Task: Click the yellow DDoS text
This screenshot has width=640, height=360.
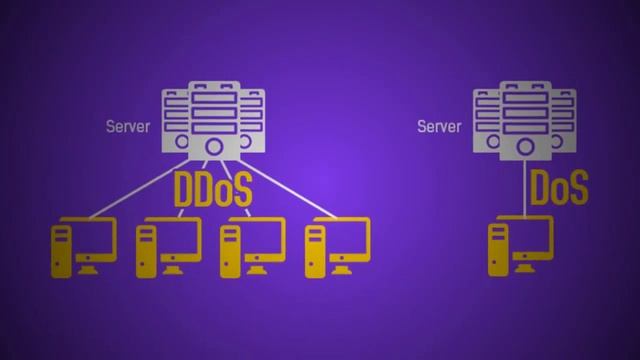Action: pos(212,190)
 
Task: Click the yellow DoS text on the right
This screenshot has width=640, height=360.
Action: pos(558,188)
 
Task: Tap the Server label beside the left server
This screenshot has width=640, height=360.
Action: pos(127,127)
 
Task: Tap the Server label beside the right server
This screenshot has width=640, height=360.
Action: pos(439,127)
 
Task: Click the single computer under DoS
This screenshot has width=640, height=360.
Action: pos(519,247)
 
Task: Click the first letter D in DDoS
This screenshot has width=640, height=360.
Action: pos(185,190)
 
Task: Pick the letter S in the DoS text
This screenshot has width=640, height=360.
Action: pos(577,188)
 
